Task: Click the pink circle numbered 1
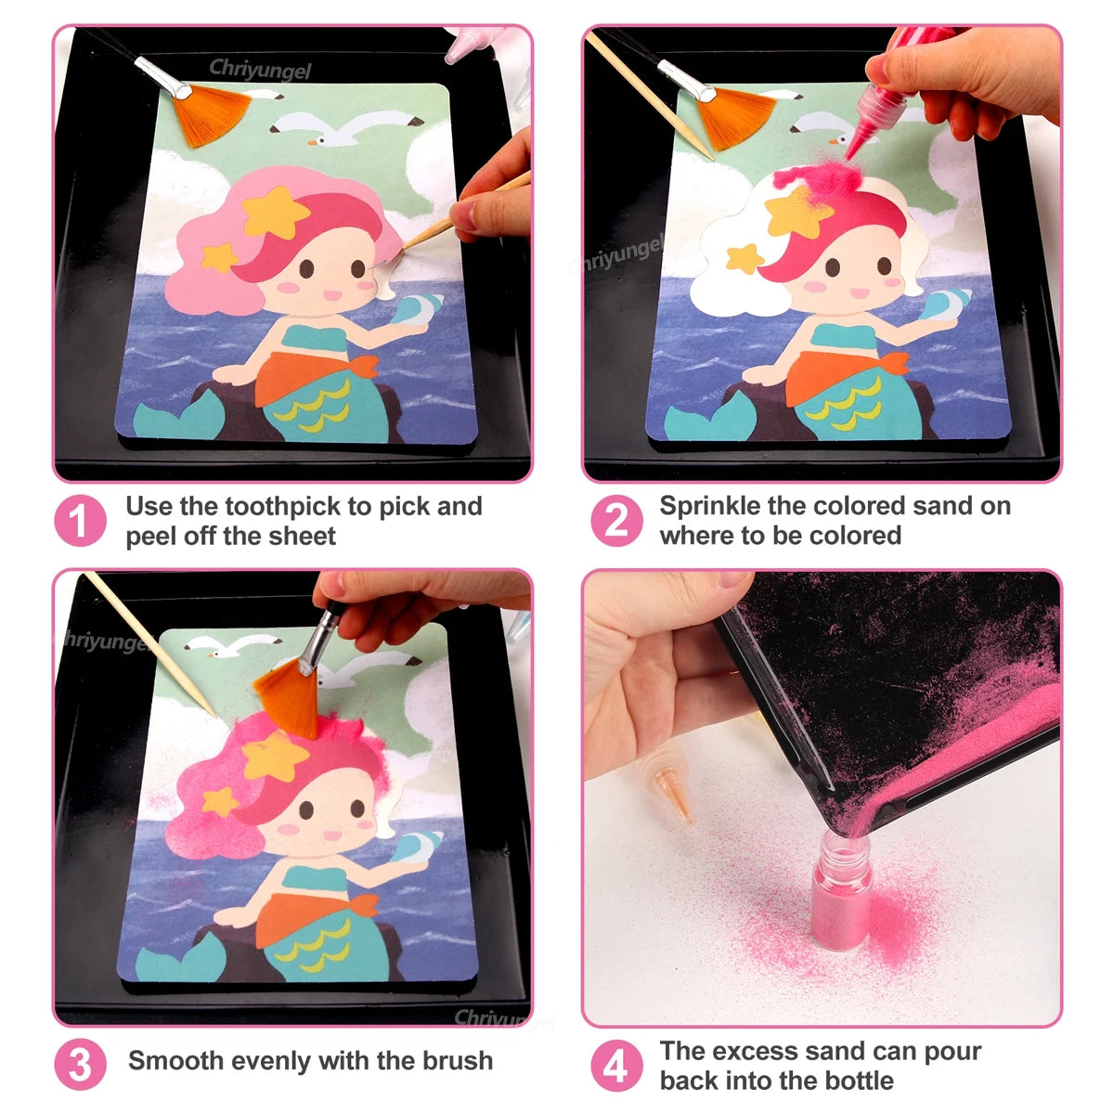pos(80,521)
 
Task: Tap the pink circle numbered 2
pos(615,521)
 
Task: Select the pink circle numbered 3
pos(80,1065)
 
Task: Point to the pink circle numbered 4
pos(615,1067)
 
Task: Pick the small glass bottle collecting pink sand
pos(841,882)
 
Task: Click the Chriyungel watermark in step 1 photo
pos(260,69)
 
